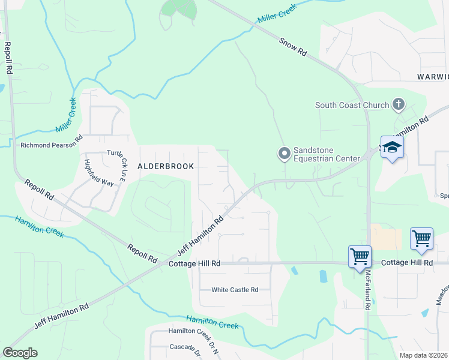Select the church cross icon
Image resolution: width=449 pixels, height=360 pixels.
(397, 105)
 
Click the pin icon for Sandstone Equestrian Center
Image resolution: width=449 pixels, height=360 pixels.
(284, 154)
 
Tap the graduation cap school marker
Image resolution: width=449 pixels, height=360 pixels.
(392, 148)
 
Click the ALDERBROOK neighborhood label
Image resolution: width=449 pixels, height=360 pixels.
(166, 166)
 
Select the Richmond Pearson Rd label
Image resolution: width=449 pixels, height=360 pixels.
(50, 145)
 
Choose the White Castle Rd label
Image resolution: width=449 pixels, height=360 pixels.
(235, 290)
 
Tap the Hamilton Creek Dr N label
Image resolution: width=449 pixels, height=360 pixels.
(193, 331)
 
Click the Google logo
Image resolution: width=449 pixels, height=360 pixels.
(20, 353)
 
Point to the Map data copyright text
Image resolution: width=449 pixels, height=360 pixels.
(424, 355)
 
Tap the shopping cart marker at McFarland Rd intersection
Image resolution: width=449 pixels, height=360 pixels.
(360, 256)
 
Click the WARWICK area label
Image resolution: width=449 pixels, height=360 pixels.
(433, 77)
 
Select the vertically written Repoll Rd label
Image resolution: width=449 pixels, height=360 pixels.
(8, 58)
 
